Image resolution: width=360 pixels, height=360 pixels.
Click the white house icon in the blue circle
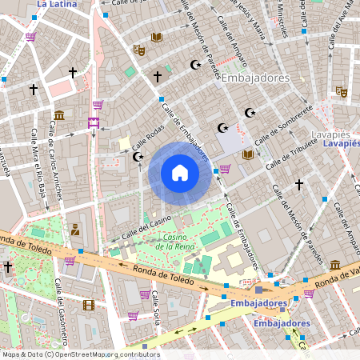pos(180,173)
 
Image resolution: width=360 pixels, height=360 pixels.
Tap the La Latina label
pos(58,4)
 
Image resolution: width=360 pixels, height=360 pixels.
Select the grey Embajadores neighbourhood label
pos(254,78)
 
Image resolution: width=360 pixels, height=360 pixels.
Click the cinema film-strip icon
pos(88,305)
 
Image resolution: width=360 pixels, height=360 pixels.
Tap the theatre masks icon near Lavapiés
pos(340,92)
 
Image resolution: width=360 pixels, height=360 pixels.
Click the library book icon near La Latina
pos(157,38)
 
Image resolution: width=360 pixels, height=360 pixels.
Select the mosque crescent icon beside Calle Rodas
pos(137,156)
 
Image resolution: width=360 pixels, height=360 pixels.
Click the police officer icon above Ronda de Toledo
pos(75,230)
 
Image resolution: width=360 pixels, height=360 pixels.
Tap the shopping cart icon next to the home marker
pos(225,169)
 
